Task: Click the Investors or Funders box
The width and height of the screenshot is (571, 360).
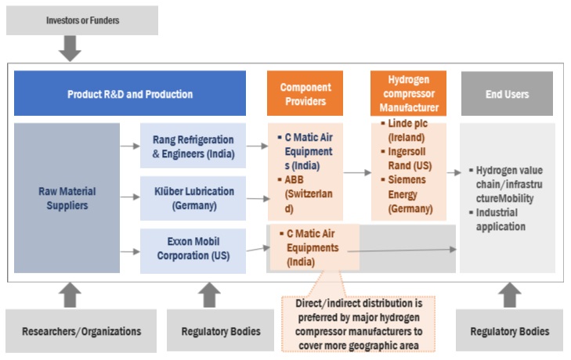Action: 82,20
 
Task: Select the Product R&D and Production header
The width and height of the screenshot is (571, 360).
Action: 130,94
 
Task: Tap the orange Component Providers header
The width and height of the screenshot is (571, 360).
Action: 305,94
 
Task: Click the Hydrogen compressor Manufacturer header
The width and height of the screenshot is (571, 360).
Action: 408,94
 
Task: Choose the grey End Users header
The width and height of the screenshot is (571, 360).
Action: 506,94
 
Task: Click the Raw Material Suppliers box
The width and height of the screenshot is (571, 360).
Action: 67,198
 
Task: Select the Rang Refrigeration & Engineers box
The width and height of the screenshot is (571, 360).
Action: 193,146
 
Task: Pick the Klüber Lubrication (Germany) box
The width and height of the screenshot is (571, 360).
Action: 193,198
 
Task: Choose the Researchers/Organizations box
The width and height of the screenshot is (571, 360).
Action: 81,331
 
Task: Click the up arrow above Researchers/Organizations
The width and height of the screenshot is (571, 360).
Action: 70,294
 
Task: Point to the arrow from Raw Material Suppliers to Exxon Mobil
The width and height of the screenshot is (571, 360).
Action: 129,251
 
